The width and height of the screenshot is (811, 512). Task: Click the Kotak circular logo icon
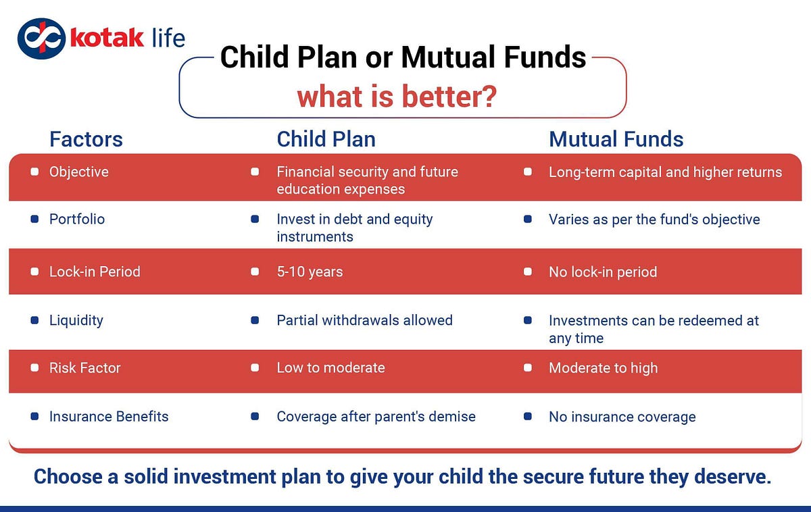coord(42,39)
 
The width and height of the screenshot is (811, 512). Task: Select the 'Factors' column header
coord(87,139)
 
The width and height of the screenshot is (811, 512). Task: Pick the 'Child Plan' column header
coord(326,139)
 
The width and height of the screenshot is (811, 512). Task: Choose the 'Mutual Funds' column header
coord(616,139)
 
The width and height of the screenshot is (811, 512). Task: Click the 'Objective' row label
coord(79,172)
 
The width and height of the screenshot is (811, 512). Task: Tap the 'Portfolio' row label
coord(77,219)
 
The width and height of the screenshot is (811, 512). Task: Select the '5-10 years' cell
coord(310,272)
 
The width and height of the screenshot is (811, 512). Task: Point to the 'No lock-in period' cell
coord(603,272)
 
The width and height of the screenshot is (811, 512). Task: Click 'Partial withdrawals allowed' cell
coord(364,320)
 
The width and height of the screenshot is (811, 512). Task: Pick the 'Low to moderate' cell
coord(331,368)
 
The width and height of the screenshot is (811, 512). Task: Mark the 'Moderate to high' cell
coord(603,368)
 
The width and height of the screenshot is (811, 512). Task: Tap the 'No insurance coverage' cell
coord(622,417)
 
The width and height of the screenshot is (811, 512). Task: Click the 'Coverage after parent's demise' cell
coord(376,417)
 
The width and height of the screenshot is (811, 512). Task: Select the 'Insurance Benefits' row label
coord(109,417)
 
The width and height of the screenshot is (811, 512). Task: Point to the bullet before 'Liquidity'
coord(34,320)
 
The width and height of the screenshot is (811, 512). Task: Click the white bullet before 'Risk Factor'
coord(34,368)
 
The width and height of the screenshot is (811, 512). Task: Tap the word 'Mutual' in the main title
coord(448,57)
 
